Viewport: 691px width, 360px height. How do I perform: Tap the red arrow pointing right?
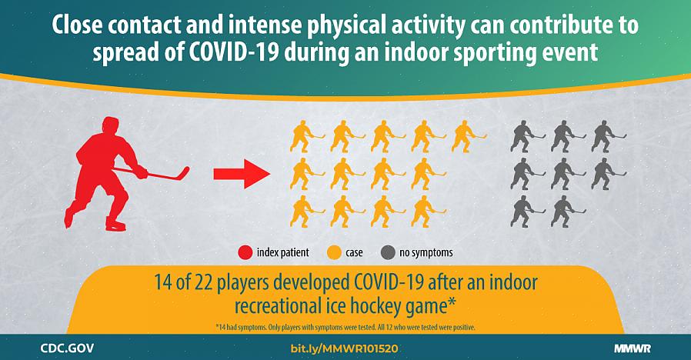coord(242,174)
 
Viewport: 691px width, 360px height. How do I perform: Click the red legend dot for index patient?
coord(245,252)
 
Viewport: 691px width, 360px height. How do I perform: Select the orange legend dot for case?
coord(335,252)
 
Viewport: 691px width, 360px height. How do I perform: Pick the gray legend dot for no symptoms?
coord(389,252)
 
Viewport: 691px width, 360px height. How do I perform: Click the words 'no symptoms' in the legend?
coord(426,253)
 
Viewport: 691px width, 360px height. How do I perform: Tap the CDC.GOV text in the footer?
coord(67,348)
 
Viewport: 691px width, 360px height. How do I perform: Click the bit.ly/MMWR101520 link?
coord(344,349)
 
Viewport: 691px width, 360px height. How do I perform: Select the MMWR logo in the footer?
coord(633,349)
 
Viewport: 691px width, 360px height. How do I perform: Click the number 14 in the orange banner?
coord(162,282)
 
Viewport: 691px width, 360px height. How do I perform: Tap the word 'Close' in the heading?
coord(77,25)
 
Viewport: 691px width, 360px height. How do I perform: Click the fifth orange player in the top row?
coord(467,136)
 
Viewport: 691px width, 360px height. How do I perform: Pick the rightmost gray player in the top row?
coord(606,136)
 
